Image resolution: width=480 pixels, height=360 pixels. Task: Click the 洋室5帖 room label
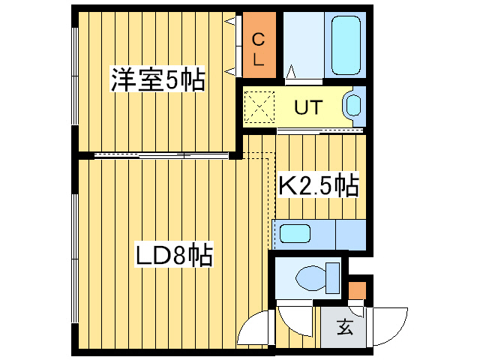(x=157, y=79)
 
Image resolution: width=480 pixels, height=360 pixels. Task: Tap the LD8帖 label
(x=174, y=255)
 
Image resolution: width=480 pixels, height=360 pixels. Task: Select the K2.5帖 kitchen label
(x=318, y=183)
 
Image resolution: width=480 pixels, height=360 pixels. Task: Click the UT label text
(x=307, y=107)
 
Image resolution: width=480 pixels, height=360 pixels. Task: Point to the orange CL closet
(x=256, y=44)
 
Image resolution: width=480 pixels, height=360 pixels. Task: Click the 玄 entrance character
(x=344, y=326)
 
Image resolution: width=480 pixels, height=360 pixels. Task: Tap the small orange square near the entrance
(x=358, y=289)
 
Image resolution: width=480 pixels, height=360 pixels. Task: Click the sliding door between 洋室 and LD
(x=161, y=155)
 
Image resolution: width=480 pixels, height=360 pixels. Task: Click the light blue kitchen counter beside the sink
(x=349, y=235)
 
